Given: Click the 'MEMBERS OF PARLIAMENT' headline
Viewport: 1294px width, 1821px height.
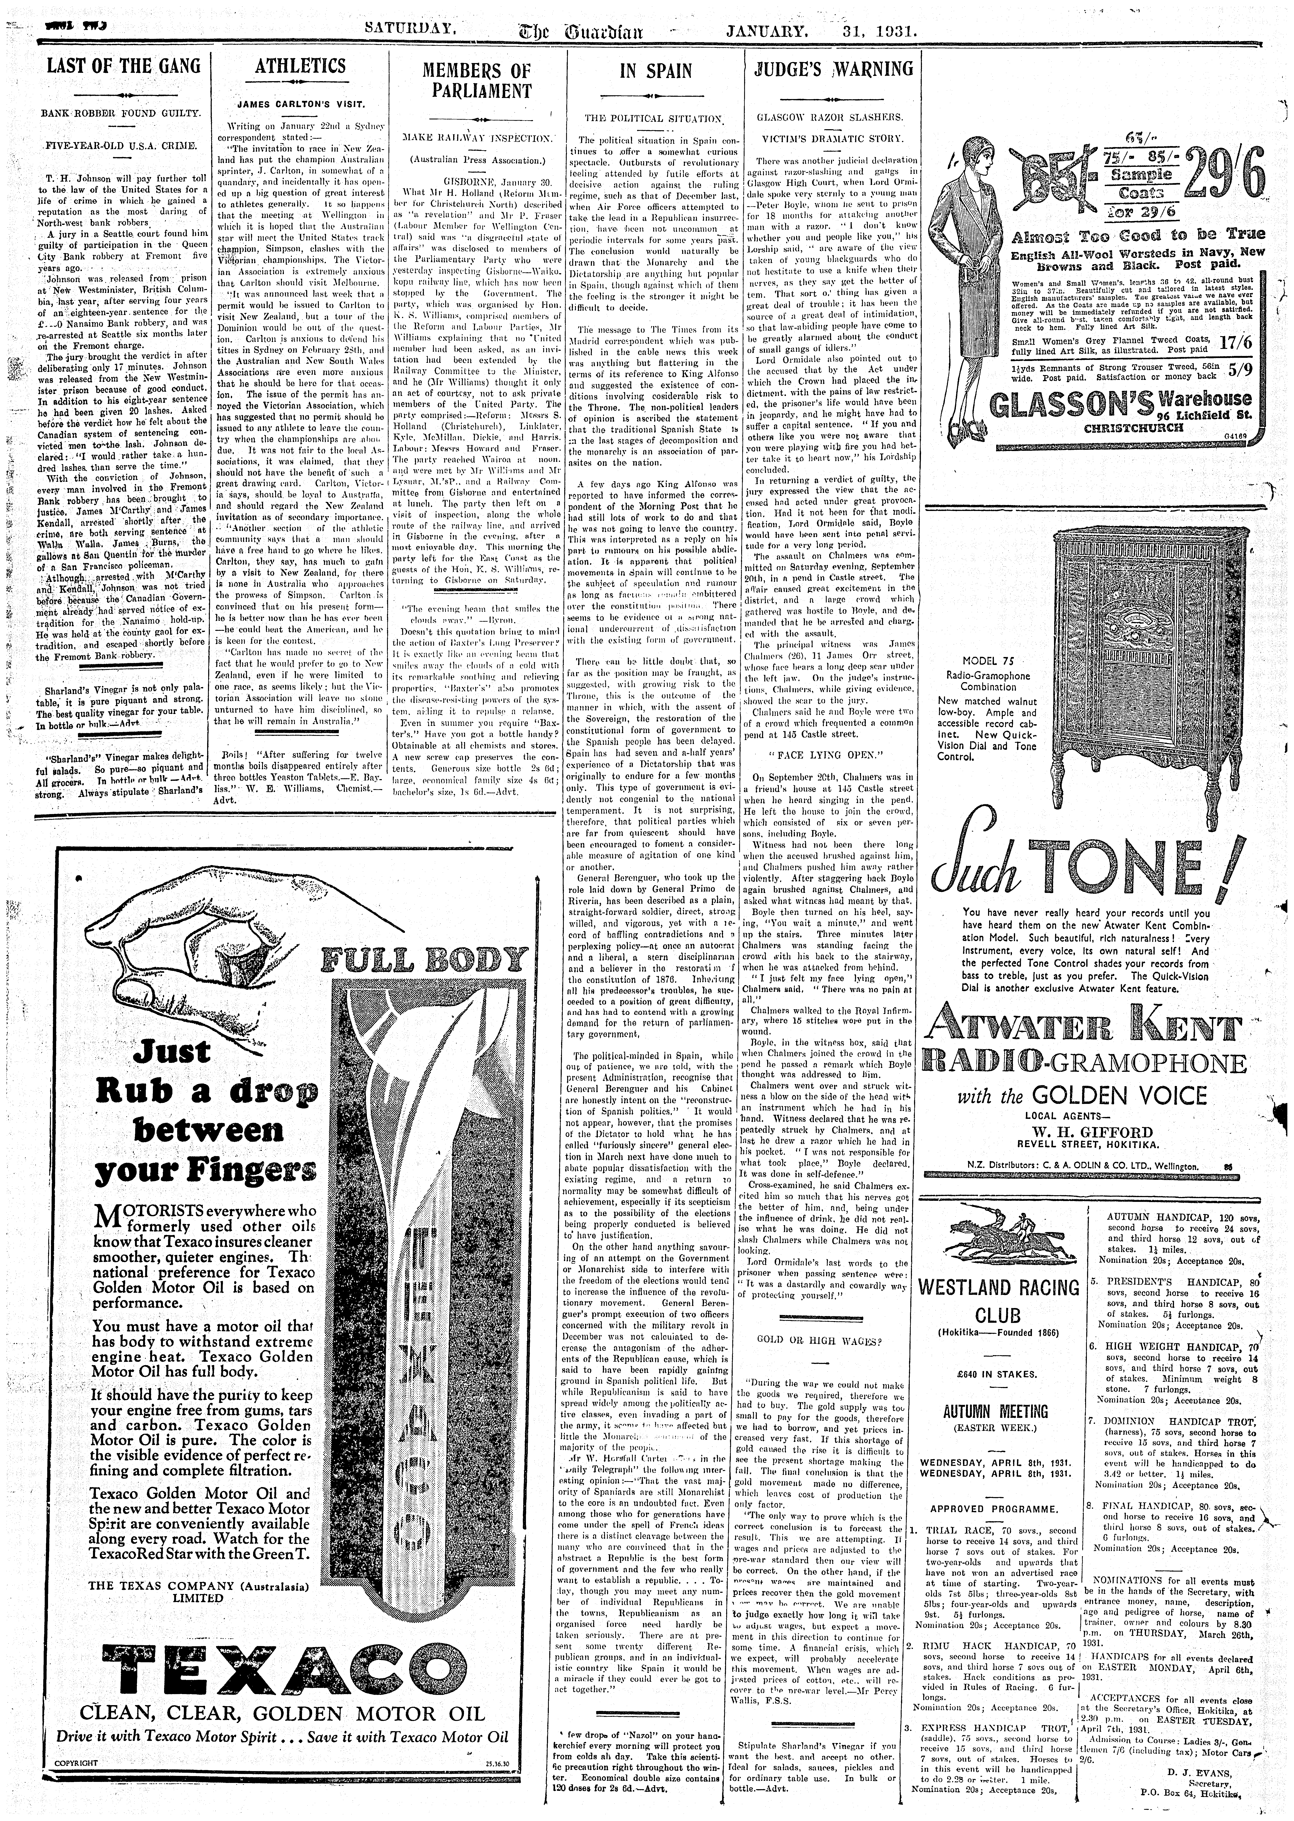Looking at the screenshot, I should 476,81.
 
